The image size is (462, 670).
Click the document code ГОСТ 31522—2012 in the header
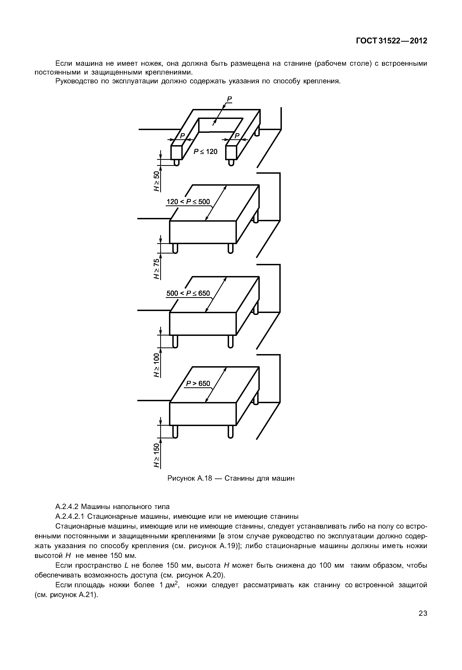391,41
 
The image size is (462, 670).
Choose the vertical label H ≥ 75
157,269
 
